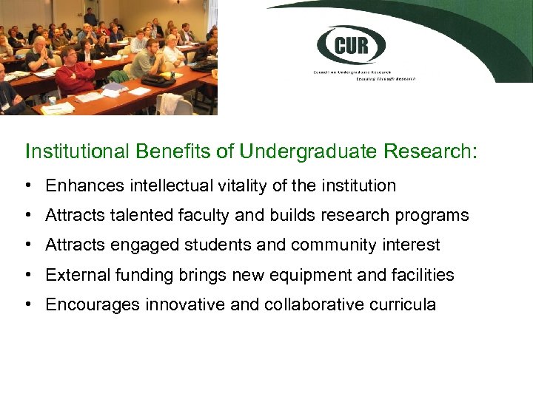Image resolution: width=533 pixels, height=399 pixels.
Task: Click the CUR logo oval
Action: click(x=352, y=45)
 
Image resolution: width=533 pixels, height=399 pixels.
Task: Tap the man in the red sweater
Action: click(x=75, y=75)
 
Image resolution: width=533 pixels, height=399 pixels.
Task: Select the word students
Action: click(x=224, y=245)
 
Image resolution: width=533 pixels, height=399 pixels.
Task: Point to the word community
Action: click(x=335, y=245)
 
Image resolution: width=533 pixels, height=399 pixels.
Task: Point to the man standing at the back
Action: click(x=90, y=16)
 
